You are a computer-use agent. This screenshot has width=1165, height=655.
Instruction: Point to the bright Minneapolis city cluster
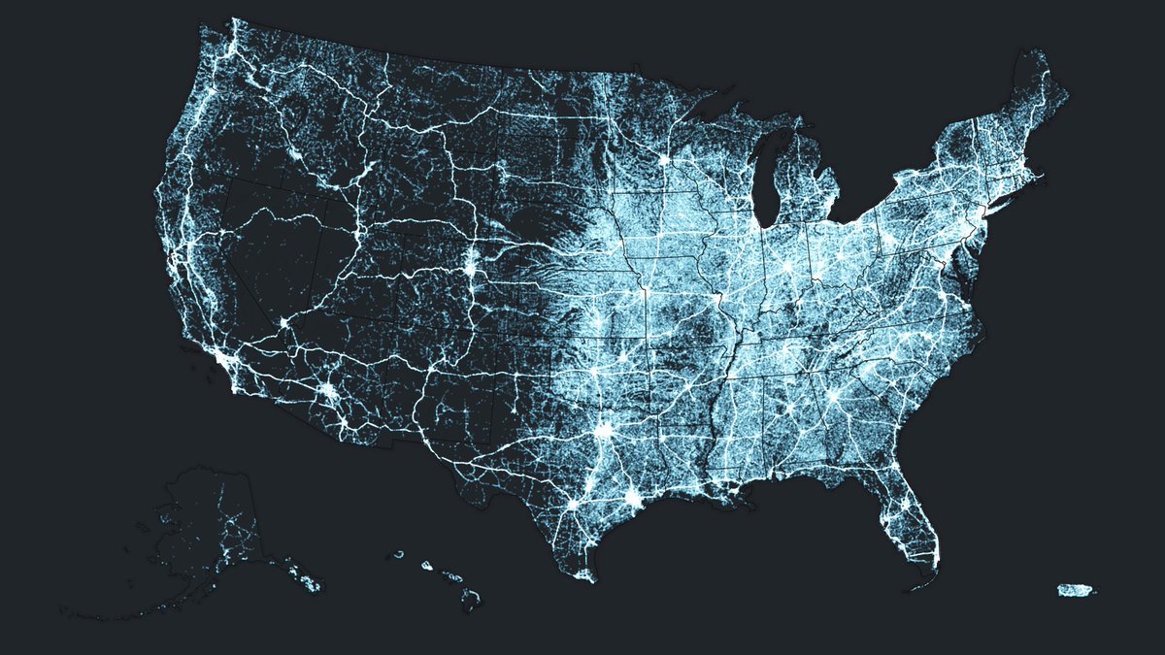click(665, 158)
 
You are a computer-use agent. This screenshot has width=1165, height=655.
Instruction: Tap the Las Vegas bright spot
click(283, 321)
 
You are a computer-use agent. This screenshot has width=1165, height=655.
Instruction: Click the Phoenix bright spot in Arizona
click(330, 393)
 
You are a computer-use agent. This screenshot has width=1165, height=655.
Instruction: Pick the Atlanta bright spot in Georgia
click(832, 397)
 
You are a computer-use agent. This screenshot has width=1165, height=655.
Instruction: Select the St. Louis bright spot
click(719, 296)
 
